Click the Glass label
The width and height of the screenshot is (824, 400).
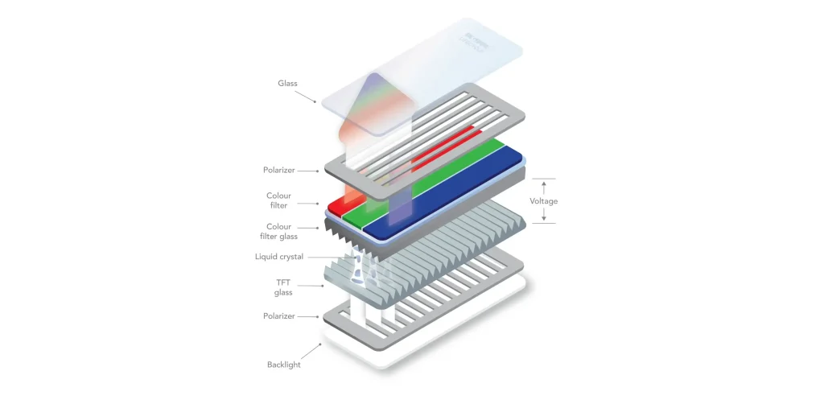(x=289, y=83)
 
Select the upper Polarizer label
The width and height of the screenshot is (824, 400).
(x=278, y=171)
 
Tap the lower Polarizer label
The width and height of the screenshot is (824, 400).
(x=278, y=316)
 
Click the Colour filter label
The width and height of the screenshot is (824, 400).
(x=278, y=200)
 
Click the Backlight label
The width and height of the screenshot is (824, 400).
(x=283, y=365)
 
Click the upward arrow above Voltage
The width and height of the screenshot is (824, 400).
(x=543, y=187)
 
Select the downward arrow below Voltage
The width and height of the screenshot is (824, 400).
(x=543, y=215)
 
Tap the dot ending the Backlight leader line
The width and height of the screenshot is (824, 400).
(x=320, y=344)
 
